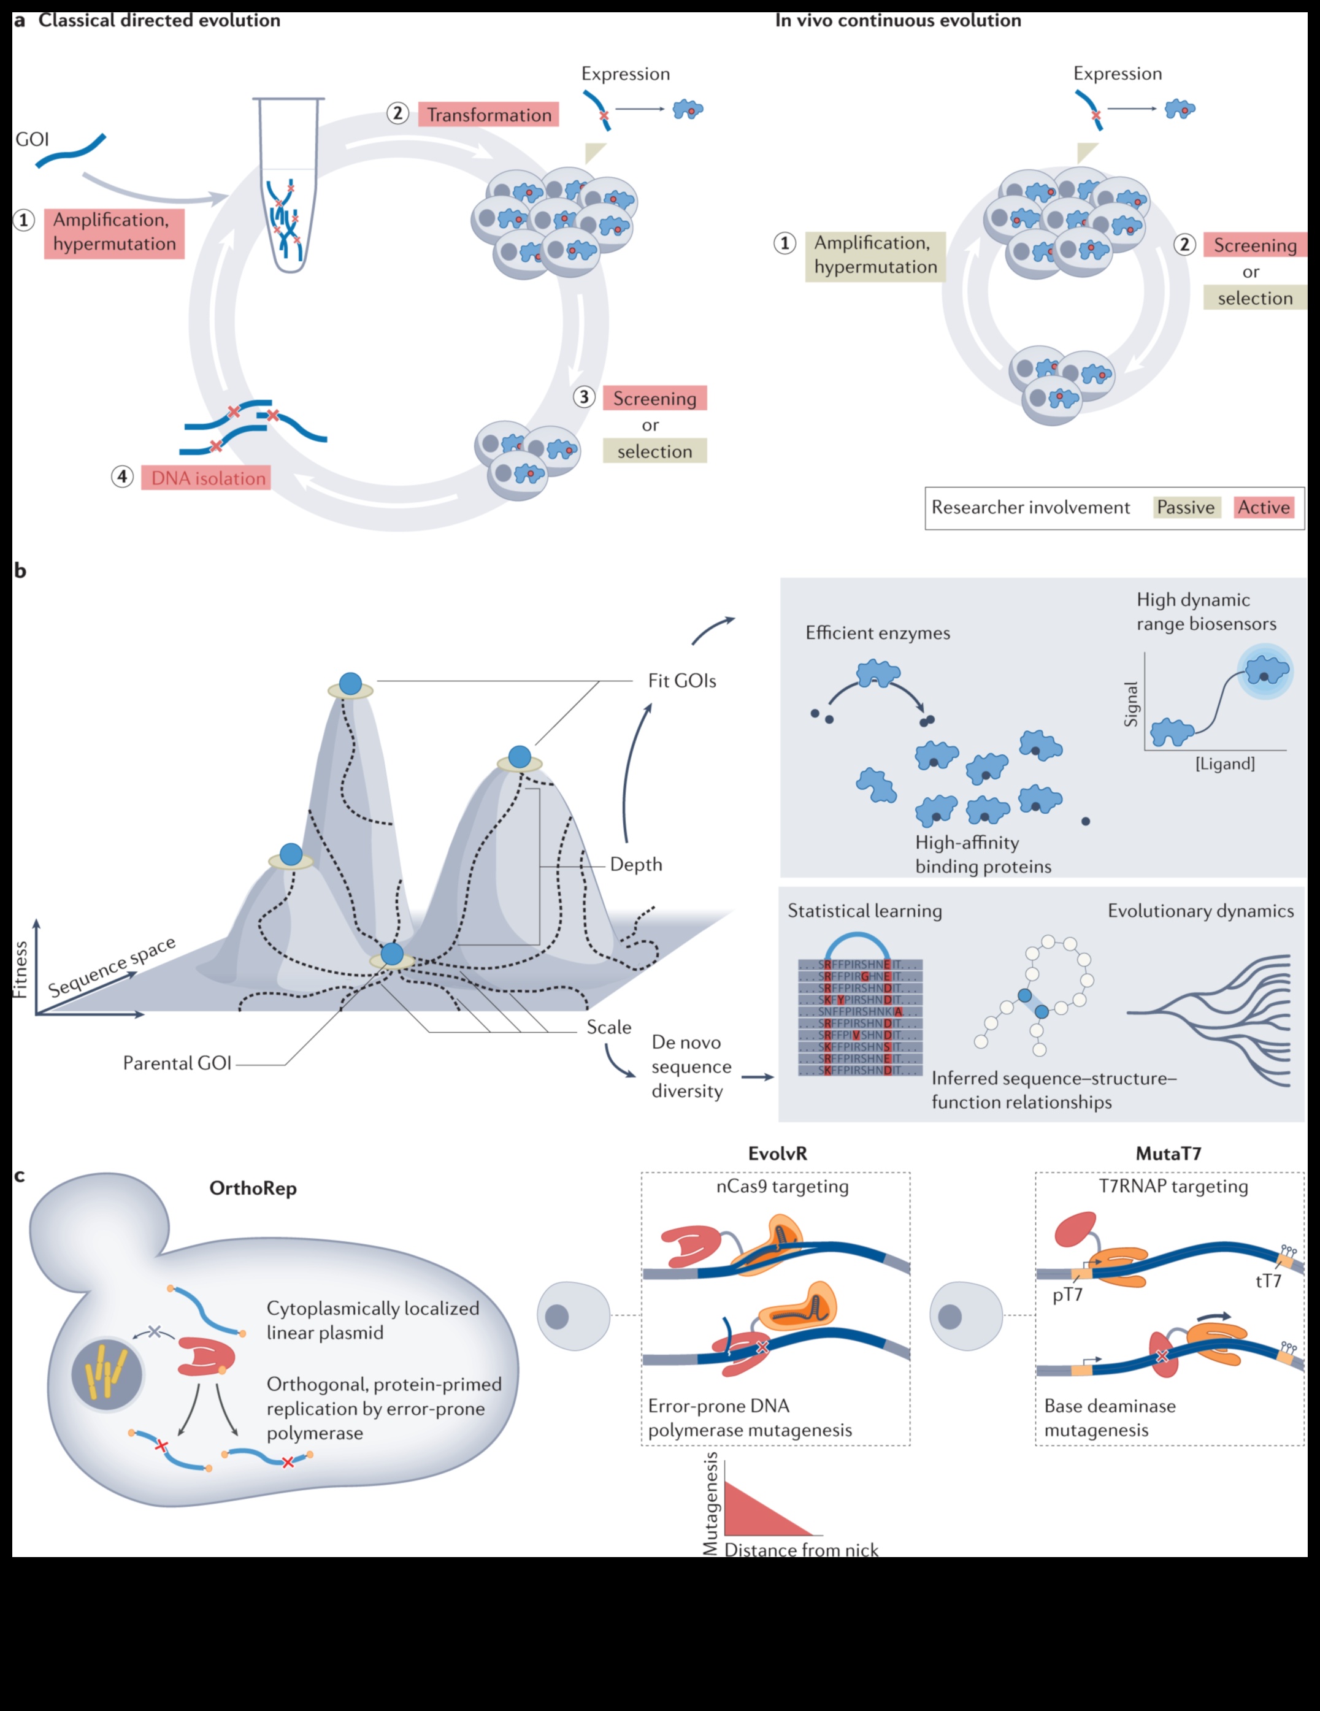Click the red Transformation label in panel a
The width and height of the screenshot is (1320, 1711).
pos(488,115)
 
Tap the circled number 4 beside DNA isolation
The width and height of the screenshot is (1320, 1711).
pos(122,477)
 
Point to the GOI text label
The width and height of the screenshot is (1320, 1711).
pos(32,139)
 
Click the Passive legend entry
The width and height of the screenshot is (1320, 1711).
pos(1185,508)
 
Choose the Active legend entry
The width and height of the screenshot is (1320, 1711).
pos(1263,508)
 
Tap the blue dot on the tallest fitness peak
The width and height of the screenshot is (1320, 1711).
pos(350,683)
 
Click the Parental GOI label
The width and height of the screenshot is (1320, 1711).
pos(177,1063)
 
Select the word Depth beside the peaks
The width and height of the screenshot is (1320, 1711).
pos(635,864)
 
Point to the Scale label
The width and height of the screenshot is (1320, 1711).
pos(608,1027)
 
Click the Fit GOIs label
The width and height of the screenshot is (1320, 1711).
pos(681,681)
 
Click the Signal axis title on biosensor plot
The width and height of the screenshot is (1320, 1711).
pos(1130,704)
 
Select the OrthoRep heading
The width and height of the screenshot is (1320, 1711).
pos(253,1189)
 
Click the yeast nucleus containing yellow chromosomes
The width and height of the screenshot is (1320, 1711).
pos(107,1373)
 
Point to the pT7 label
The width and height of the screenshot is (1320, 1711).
pos(1067,1294)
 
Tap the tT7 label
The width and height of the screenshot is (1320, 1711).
pos(1268,1281)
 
